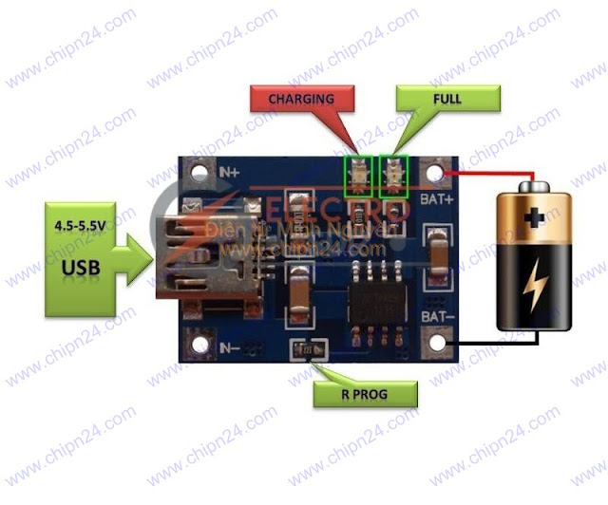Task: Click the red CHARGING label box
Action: coord(300,98)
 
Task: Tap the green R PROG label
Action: coord(365,393)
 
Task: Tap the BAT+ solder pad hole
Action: coord(436,175)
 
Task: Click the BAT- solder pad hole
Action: coord(438,338)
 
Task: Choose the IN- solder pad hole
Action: coord(199,339)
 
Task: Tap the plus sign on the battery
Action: coord(536,217)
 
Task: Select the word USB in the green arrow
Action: coord(82,268)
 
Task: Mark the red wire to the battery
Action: coord(494,174)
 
